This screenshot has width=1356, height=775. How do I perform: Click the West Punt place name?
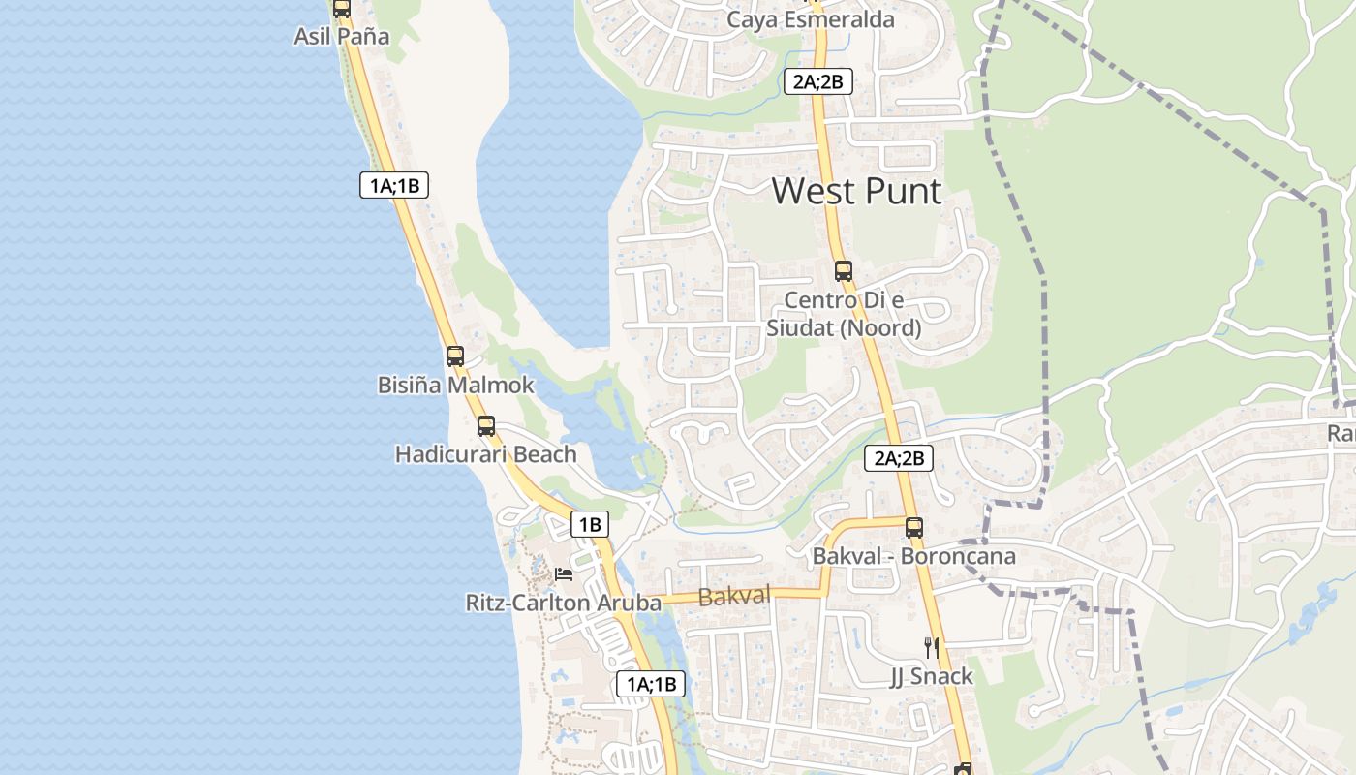[856, 191]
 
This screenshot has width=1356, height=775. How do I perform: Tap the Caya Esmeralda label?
[811, 19]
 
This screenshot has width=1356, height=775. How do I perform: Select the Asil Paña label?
[342, 37]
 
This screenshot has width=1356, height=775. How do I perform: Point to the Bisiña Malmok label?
[455, 385]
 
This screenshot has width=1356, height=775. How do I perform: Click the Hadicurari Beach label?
[485, 453]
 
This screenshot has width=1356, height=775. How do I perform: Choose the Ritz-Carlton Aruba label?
[563, 603]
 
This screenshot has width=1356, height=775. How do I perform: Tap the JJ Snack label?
[931, 676]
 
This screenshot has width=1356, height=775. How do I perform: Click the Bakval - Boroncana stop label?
[913, 556]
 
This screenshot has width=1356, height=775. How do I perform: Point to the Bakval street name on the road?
[733, 596]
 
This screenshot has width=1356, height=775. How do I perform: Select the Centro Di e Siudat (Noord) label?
[844, 314]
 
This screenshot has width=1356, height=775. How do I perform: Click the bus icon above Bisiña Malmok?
[455, 356]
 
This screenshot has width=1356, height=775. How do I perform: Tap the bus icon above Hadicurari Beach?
[486, 425]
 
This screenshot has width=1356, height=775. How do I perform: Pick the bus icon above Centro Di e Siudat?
[844, 271]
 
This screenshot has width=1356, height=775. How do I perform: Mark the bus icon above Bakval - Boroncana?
[914, 528]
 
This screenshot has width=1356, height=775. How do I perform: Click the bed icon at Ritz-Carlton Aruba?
[564, 574]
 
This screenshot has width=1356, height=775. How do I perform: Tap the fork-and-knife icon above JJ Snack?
[931, 647]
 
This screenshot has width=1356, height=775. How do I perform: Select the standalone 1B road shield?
[590, 525]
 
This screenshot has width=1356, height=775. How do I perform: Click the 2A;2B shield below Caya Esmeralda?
[818, 82]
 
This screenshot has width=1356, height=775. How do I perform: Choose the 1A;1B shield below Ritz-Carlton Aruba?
[651, 684]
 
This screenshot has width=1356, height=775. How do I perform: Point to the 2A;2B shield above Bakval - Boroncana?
[899, 458]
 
